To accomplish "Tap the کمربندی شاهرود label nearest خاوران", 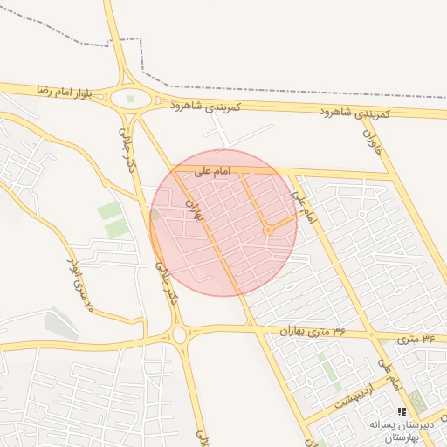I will (x=359, y=113).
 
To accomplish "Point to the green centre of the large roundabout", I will (x=131, y=99).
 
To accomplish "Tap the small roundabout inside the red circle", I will (x=269, y=230).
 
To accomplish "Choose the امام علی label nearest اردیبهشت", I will (x=389, y=374).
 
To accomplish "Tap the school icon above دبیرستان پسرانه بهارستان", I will (x=402, y=410).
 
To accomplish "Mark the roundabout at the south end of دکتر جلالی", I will (x=179, y=334).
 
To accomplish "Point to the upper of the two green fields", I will (x=109, y=210).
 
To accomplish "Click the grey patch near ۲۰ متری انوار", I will (x=61, y=325).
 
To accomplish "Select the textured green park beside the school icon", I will (x=418, y=402).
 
